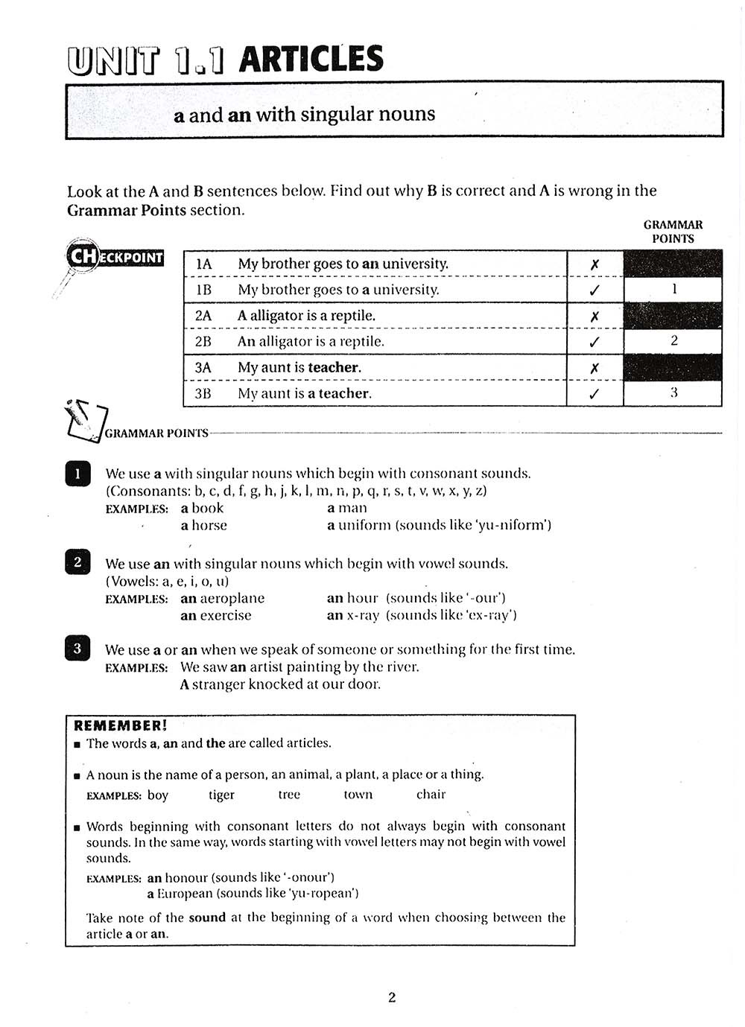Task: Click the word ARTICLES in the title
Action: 311,59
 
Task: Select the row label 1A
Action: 203,264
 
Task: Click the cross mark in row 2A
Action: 595,316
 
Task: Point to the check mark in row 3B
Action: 595,394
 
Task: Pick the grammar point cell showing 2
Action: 673,341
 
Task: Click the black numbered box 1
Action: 77,474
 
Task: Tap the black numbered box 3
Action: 77,649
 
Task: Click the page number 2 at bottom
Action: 392,997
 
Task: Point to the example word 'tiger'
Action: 221,795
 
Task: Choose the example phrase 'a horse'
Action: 203,525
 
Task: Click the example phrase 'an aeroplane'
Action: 222,598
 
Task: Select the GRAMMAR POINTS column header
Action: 673,232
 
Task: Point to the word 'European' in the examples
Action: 183,893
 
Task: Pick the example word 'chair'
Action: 431,795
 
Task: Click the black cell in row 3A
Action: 673,368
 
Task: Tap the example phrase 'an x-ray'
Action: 353,615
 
